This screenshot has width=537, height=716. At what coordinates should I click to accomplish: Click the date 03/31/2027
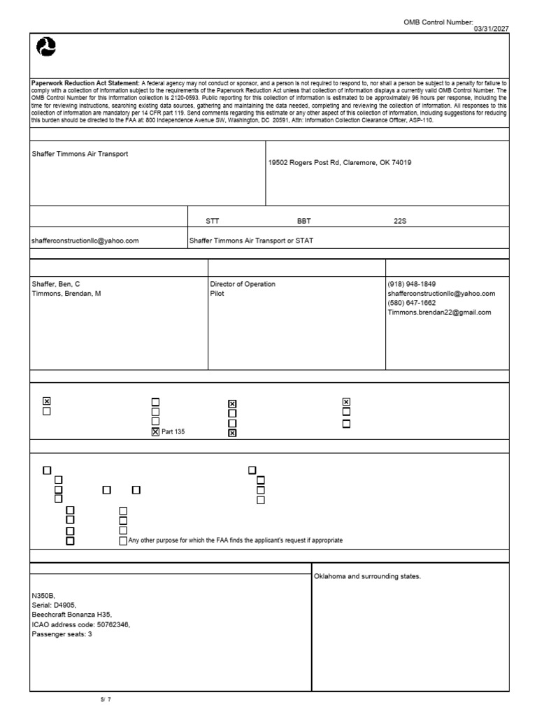pos(492,28)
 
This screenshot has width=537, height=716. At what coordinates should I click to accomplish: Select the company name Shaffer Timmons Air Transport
pos(80,153)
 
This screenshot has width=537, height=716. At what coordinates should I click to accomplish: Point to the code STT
pos(212,220)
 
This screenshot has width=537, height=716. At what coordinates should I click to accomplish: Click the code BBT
pos(303,220)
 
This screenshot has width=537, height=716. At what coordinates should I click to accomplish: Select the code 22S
pos(400,220)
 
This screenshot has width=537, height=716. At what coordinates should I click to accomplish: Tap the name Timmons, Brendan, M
pos(66,294)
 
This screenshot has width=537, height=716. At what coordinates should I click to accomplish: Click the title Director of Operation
pos(243,284)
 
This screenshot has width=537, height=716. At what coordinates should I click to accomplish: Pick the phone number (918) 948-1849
pos(412,284)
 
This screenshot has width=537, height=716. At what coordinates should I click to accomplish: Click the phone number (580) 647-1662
pos(412,303)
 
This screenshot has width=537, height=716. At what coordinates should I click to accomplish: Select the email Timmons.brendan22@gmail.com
pos(440,313)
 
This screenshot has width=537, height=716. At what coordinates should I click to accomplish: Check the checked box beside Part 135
pos(155,432)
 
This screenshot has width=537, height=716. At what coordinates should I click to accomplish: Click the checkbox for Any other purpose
pos(123,540)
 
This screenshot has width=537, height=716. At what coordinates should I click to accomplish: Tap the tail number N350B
pos(43,596)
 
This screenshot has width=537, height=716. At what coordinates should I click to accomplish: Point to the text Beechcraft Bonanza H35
pos(72,615)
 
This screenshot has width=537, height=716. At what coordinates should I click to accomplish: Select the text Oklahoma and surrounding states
pos(368,577)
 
